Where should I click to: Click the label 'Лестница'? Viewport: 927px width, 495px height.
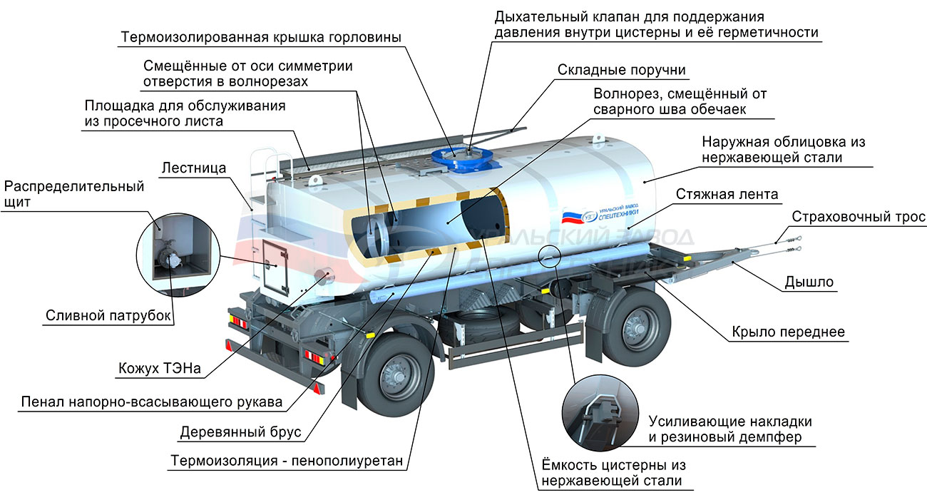click(194, 168)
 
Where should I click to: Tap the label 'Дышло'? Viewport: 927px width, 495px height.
click(809, 282)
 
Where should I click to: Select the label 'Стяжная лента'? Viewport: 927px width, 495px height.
click(727, 194)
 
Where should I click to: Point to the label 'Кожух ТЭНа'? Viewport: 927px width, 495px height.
click(159, 368)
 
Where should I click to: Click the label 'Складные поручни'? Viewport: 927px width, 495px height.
click(622, 69)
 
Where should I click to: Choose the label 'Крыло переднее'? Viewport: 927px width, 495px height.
click(789, 332)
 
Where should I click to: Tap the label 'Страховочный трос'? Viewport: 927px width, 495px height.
click(859, 216)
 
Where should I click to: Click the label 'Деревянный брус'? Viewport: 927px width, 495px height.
click(240, 432)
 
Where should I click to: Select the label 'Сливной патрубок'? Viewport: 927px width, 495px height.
click(108, 315)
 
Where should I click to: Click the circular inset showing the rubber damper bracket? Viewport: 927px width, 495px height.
click(600, 413)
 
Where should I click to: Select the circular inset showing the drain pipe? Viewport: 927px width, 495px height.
click(178, 255)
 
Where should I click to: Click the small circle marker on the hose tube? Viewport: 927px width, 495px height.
click(549, 256)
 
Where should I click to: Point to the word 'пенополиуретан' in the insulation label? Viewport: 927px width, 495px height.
click(347, 461)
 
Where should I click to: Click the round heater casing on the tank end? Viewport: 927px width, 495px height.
click(324, 275)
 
